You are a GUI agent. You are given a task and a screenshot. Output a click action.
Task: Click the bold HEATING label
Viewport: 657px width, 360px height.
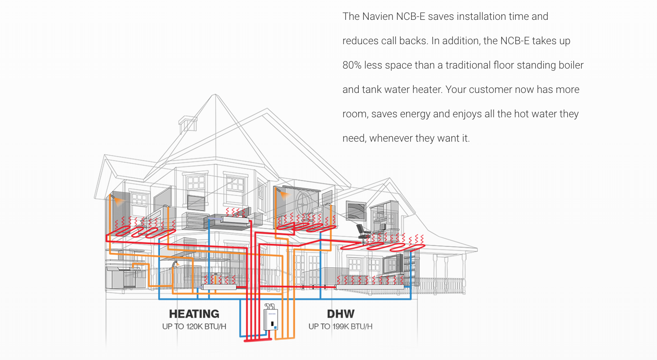tap(194, 314)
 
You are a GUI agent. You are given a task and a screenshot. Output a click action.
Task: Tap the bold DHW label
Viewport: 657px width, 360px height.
tap(341, 314)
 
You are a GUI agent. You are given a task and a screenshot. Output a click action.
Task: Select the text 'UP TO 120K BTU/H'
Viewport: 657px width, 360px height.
tap(194, 326)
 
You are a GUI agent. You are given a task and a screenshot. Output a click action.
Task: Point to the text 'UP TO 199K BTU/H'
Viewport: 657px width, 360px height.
tap(341, 326)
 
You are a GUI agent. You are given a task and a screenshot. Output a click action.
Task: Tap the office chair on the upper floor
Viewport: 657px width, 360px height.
tap(363, 231)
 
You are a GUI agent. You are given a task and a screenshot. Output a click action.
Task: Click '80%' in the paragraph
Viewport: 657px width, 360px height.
tap(352, 65)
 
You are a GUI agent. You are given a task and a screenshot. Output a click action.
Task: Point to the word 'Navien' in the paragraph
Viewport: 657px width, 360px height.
tap(378, 16)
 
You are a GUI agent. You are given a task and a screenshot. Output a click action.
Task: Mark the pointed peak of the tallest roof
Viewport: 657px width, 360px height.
tap(215, 95)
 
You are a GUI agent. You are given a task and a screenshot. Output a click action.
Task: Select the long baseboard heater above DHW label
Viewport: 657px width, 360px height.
tap(370, 286)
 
